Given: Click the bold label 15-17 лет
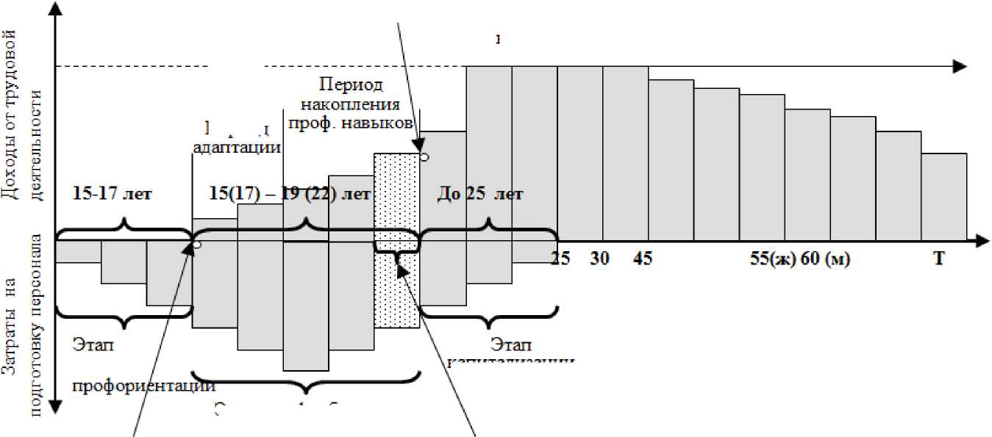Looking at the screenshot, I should [113, 195].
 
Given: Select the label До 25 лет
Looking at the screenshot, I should [480, 195].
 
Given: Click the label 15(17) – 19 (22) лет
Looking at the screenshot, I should [290, 195].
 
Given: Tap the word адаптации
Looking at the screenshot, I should [238, 146].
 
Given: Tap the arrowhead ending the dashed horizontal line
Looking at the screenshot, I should [959, 66].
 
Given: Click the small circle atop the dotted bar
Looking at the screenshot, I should [424, 156].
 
